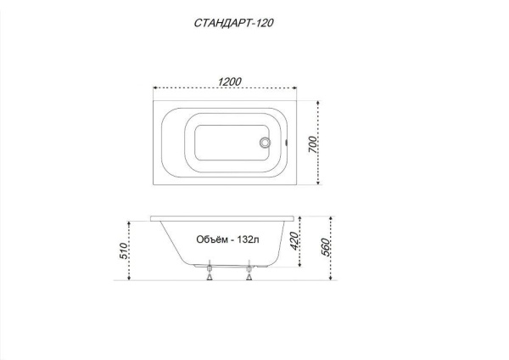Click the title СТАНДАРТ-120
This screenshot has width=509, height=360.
pyautogui.click(x=234, y=23)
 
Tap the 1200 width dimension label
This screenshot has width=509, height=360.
pyautogui.click(x=229, y=82)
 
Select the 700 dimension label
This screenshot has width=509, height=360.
pyautogui.click(x=312, y=144)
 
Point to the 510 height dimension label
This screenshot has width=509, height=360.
pyautogui.click(x=123, y=250)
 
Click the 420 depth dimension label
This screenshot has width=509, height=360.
pyautogui.click(x=294, y=241)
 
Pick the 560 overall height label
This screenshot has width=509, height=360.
pyautogui.click(x=325, y=248)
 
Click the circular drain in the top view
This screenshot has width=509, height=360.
pyautogui.click(x=265, y=143)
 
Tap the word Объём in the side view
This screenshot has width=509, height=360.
pyautogui.click(x=212, y=239)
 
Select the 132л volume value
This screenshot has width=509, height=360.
pyautogui.click(x=248, y=239)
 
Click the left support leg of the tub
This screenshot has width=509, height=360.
pyautogui.click(x=210, y=270)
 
